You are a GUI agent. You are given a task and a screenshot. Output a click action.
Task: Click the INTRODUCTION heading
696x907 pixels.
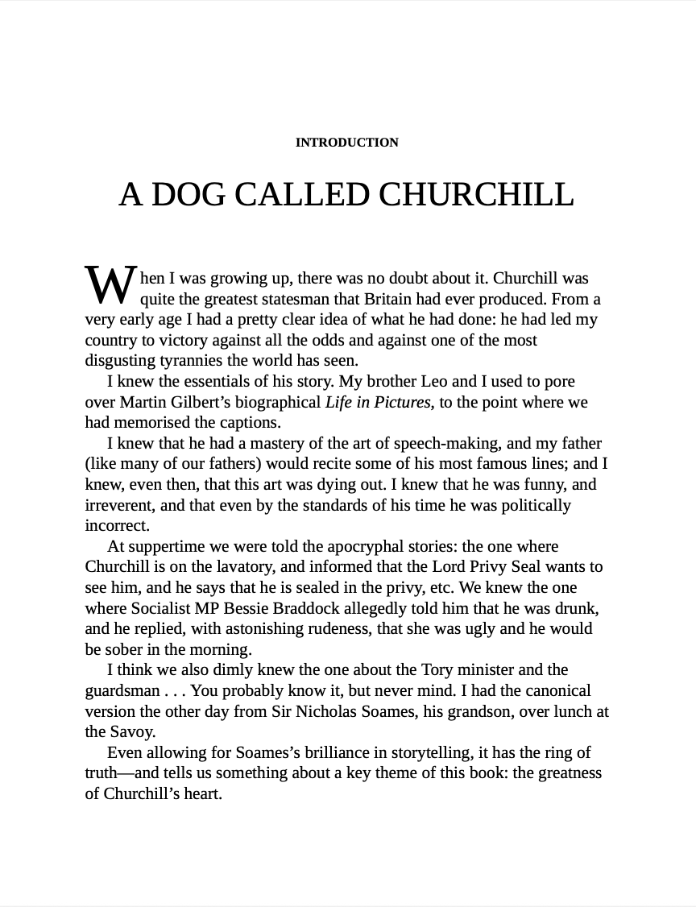pos(346,143)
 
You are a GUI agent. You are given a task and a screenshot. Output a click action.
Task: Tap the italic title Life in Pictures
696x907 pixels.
pos(378,402)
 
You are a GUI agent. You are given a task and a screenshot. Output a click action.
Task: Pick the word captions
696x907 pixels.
pos(251,422)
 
